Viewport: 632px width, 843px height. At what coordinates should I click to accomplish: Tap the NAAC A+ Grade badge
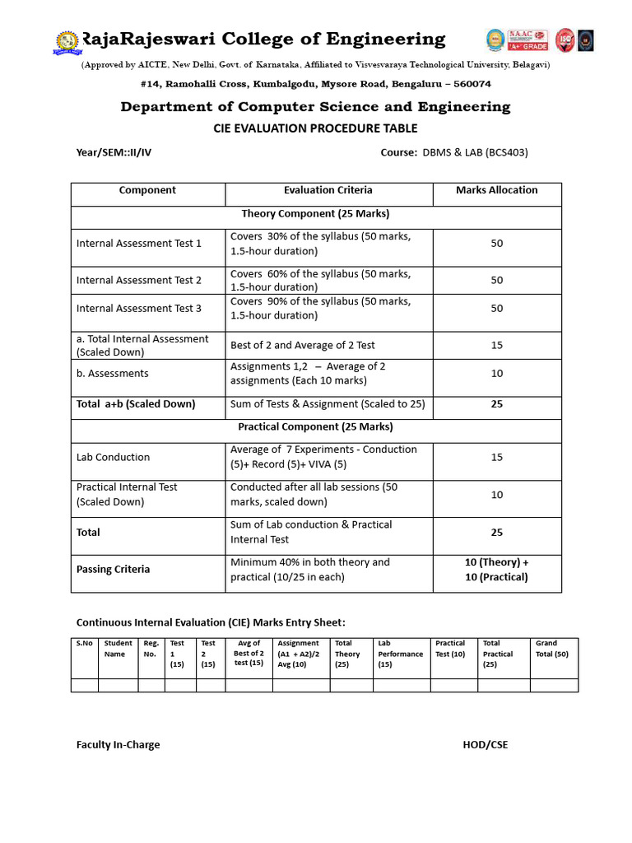tap(528, 39)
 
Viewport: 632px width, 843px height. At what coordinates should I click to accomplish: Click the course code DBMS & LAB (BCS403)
tap(475, 152)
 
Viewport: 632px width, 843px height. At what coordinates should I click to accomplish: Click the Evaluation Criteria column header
tap(328, 190)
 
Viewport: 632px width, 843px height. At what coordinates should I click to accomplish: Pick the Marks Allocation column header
tap(496, 190)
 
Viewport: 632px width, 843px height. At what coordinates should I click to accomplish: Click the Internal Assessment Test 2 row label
tap(139, 280)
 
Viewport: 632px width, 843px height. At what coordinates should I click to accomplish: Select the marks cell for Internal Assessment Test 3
tap(496, 309)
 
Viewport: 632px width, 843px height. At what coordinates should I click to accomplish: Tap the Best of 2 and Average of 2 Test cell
tap(303, 346)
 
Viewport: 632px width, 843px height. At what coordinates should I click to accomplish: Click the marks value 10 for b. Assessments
tap(496, 374)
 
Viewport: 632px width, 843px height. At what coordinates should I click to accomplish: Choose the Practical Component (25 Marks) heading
tap(315, 427)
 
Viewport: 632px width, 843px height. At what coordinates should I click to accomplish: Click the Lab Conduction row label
tap(113, 457)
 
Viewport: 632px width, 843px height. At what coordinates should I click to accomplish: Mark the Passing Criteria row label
tap(113, 570)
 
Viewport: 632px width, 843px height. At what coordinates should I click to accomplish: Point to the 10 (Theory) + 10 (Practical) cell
tap(496, 570)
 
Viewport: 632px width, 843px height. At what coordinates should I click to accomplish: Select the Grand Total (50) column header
tap(552, 649)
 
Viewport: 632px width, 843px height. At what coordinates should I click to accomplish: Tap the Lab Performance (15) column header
tap(401, 654)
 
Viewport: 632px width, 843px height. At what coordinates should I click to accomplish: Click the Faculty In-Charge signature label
tap(118, 745)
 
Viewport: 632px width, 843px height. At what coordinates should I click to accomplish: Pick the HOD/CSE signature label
tap(486, 745)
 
